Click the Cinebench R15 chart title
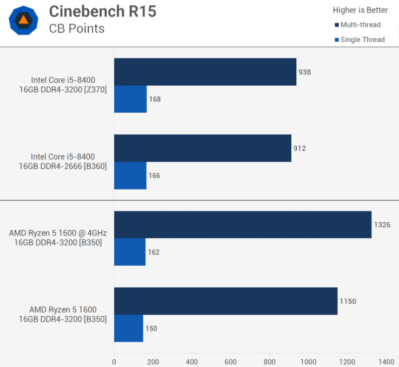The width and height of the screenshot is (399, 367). click(103, 11)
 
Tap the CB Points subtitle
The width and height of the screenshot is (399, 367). click(77, 28)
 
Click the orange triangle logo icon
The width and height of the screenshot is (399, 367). click(23, 20)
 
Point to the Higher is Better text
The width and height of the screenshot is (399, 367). click(360, 9)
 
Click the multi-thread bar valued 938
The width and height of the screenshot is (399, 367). click(205, 72)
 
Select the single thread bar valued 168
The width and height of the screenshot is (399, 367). click(130, 99)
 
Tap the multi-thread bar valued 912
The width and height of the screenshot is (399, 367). click(202, 148)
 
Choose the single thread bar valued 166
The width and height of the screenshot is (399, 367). click(130, 176)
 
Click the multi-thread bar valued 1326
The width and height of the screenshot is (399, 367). click(242, 224)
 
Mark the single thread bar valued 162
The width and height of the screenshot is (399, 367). click(130, 252)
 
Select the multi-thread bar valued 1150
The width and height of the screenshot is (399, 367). click(225, 301)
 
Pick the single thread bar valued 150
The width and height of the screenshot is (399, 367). click(129, 328)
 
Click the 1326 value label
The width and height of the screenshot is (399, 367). click(382, 225)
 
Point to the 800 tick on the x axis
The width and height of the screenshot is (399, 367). click(269, 361)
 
